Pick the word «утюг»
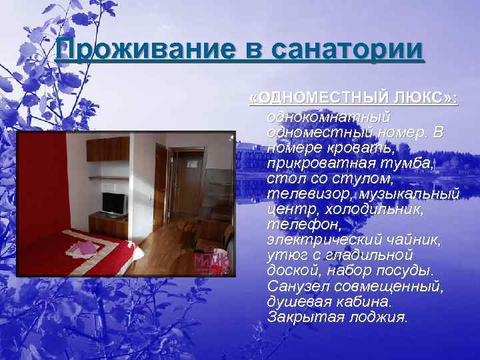click(284, 256)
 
